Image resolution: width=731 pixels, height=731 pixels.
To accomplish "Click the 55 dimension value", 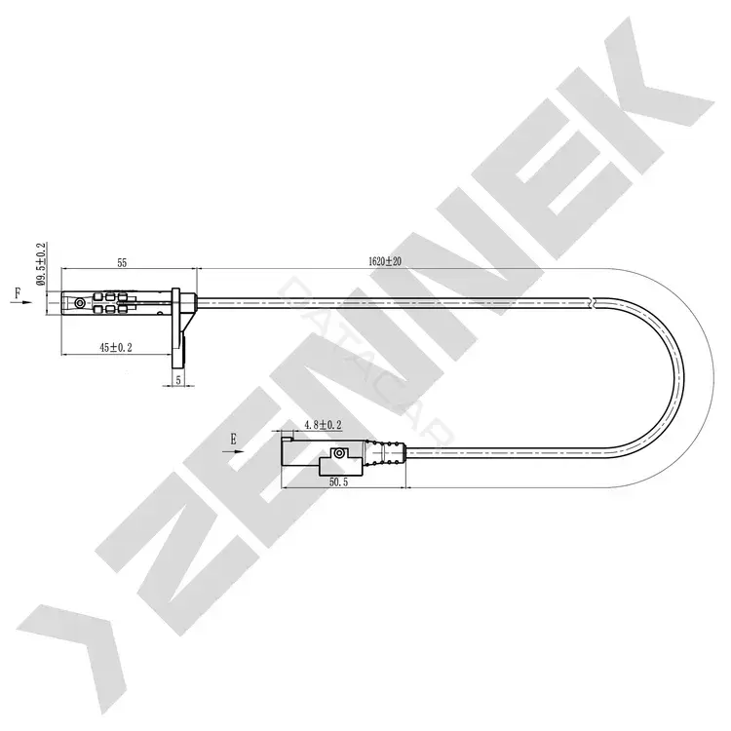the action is tap(122, 262).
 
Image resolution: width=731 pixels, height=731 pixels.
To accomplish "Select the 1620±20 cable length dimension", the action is tap(385, 261).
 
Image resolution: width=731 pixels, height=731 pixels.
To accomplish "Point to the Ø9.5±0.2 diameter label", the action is tap(42, 264).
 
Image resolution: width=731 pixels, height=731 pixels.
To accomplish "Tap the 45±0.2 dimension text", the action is tap(116, 347).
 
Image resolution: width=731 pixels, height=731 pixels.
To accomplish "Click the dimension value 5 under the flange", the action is tap(178, 380).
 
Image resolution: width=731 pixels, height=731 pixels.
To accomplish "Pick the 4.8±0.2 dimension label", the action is tap(323, 425).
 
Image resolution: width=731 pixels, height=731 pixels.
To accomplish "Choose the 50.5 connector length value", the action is tap(339, 482).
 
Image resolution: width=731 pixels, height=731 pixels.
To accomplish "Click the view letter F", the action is tap(18, 292).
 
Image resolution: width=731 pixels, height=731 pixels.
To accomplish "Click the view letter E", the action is tap(233, 439).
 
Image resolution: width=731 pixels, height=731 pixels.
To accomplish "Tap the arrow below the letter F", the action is tap(21, 302).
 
